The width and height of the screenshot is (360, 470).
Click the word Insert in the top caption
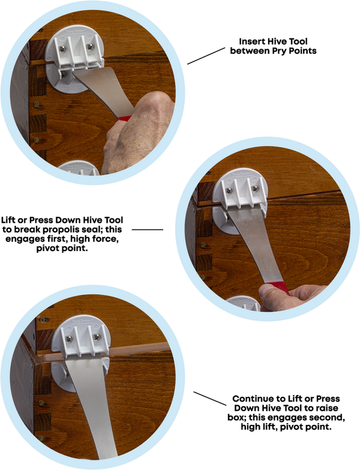(252, 41)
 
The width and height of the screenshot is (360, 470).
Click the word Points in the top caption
(302, 51)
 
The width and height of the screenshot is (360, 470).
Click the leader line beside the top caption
(206, 56)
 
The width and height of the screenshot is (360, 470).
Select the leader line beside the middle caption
(148, 230)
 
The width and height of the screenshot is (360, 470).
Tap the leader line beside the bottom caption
(209, 399)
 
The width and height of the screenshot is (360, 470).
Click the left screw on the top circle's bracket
(62, 49)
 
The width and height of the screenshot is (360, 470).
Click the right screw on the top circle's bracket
(89, 47)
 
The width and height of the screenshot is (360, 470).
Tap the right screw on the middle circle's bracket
(255, 188)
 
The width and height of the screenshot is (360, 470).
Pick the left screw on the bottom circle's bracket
(69, 339)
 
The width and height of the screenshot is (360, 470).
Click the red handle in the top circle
(125, 118)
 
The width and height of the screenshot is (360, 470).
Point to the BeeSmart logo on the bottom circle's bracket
(82, 321)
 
